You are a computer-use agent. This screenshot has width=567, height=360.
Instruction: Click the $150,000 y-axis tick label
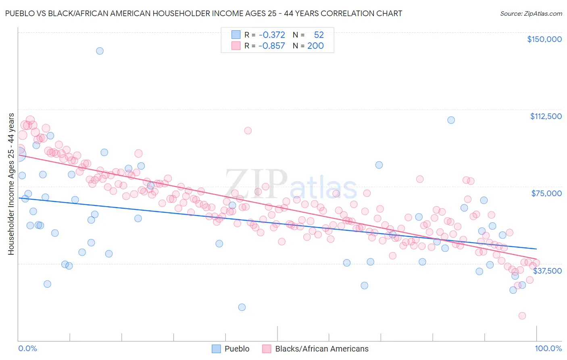(x=544, y=39)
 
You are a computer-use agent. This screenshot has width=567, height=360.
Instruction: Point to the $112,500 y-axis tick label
(x=546, y=116)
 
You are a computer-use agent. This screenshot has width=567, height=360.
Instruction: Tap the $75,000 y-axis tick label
(x=546, y=193)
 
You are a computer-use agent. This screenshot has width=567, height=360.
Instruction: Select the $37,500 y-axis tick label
(x=547, y=271)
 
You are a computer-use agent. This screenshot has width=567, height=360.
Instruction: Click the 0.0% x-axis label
(x=27, y=348)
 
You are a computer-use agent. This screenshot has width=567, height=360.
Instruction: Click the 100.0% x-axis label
(x=548, y=348)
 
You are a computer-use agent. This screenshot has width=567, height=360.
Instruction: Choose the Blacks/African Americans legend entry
(x=315, y=349)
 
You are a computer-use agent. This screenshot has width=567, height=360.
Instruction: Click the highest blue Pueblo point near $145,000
(x=100, y=51)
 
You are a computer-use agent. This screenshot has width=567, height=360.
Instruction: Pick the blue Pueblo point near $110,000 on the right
(x=451, y=120)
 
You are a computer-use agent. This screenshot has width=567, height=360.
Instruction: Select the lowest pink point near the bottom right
(x=522, y=316)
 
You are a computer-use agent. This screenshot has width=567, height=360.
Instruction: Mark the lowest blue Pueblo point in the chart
(x=242, y=307)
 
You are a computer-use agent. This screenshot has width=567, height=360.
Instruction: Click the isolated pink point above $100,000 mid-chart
(x=248, y=130)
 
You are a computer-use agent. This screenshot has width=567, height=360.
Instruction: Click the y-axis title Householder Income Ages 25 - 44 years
(x=11, y=184)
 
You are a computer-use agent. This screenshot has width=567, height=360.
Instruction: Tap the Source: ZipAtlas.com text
(x=531, y=13)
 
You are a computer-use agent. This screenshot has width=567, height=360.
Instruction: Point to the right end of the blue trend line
(x=536, y=249)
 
